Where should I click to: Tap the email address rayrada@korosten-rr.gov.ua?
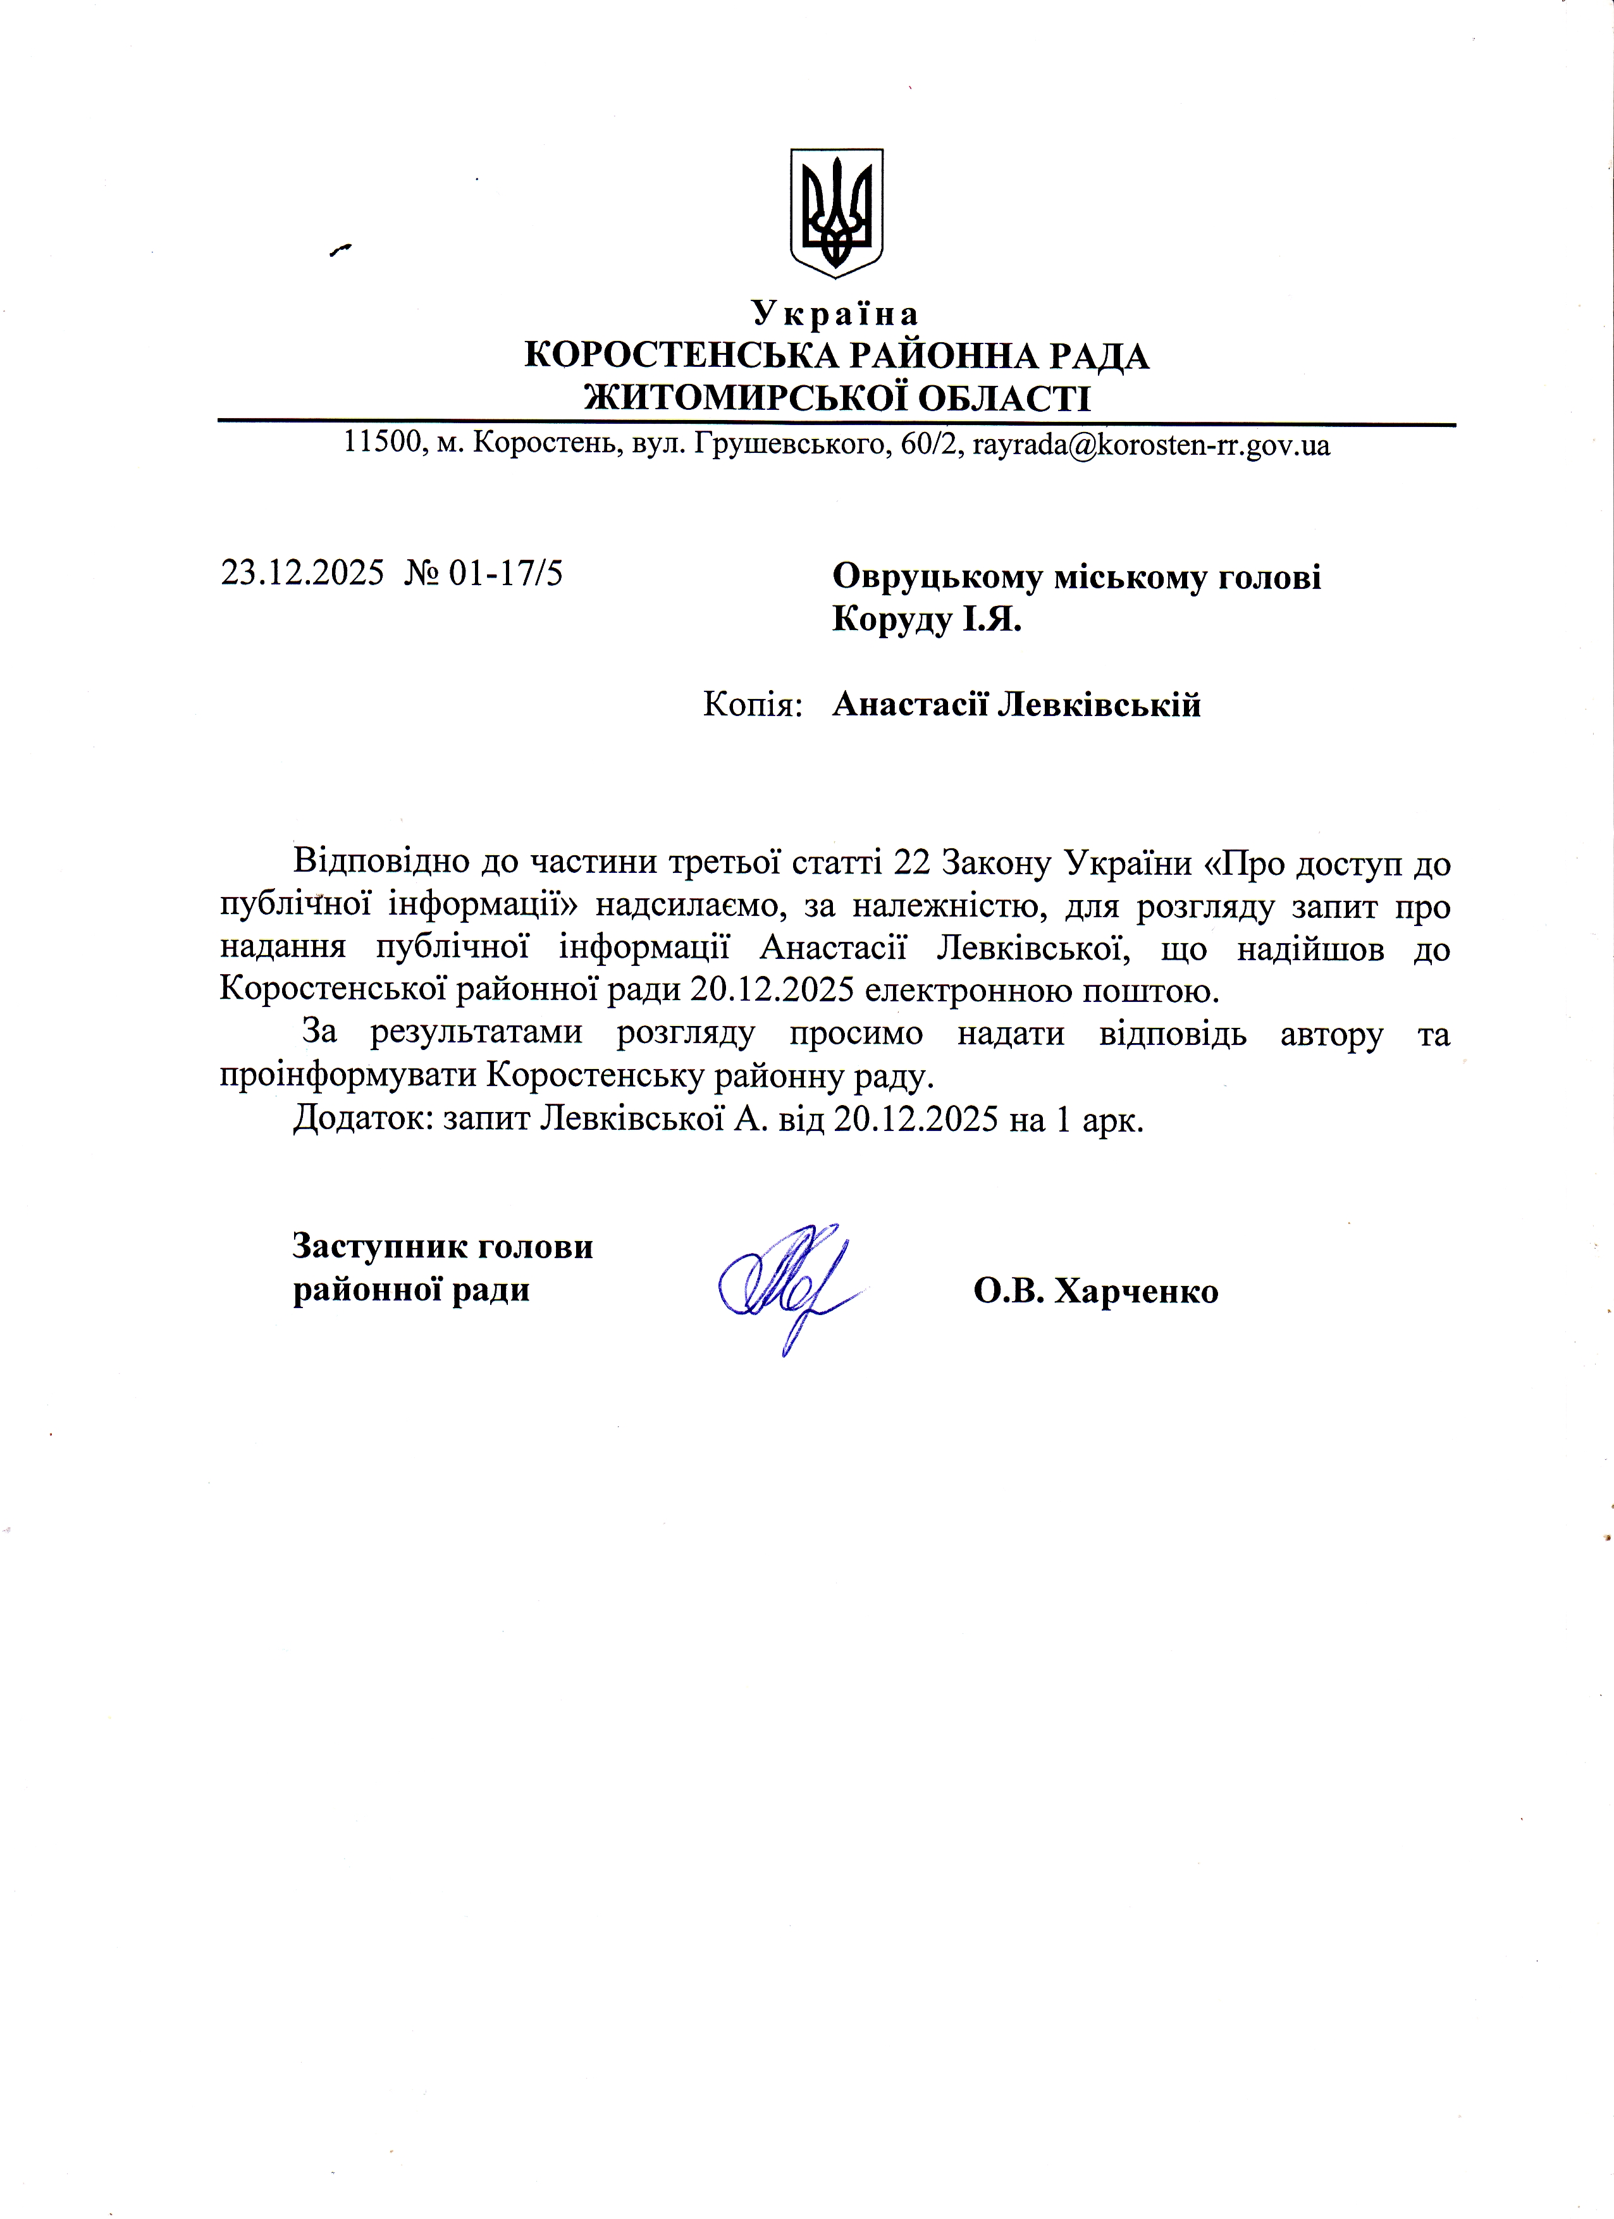click(x=1150, y=446)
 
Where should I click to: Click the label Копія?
click(x=752, y=705)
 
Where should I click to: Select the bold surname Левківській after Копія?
click(x=1099, y=705)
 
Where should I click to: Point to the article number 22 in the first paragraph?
click(x=913, y=864)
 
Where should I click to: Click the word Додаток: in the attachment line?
click(x=363, y=1119)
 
